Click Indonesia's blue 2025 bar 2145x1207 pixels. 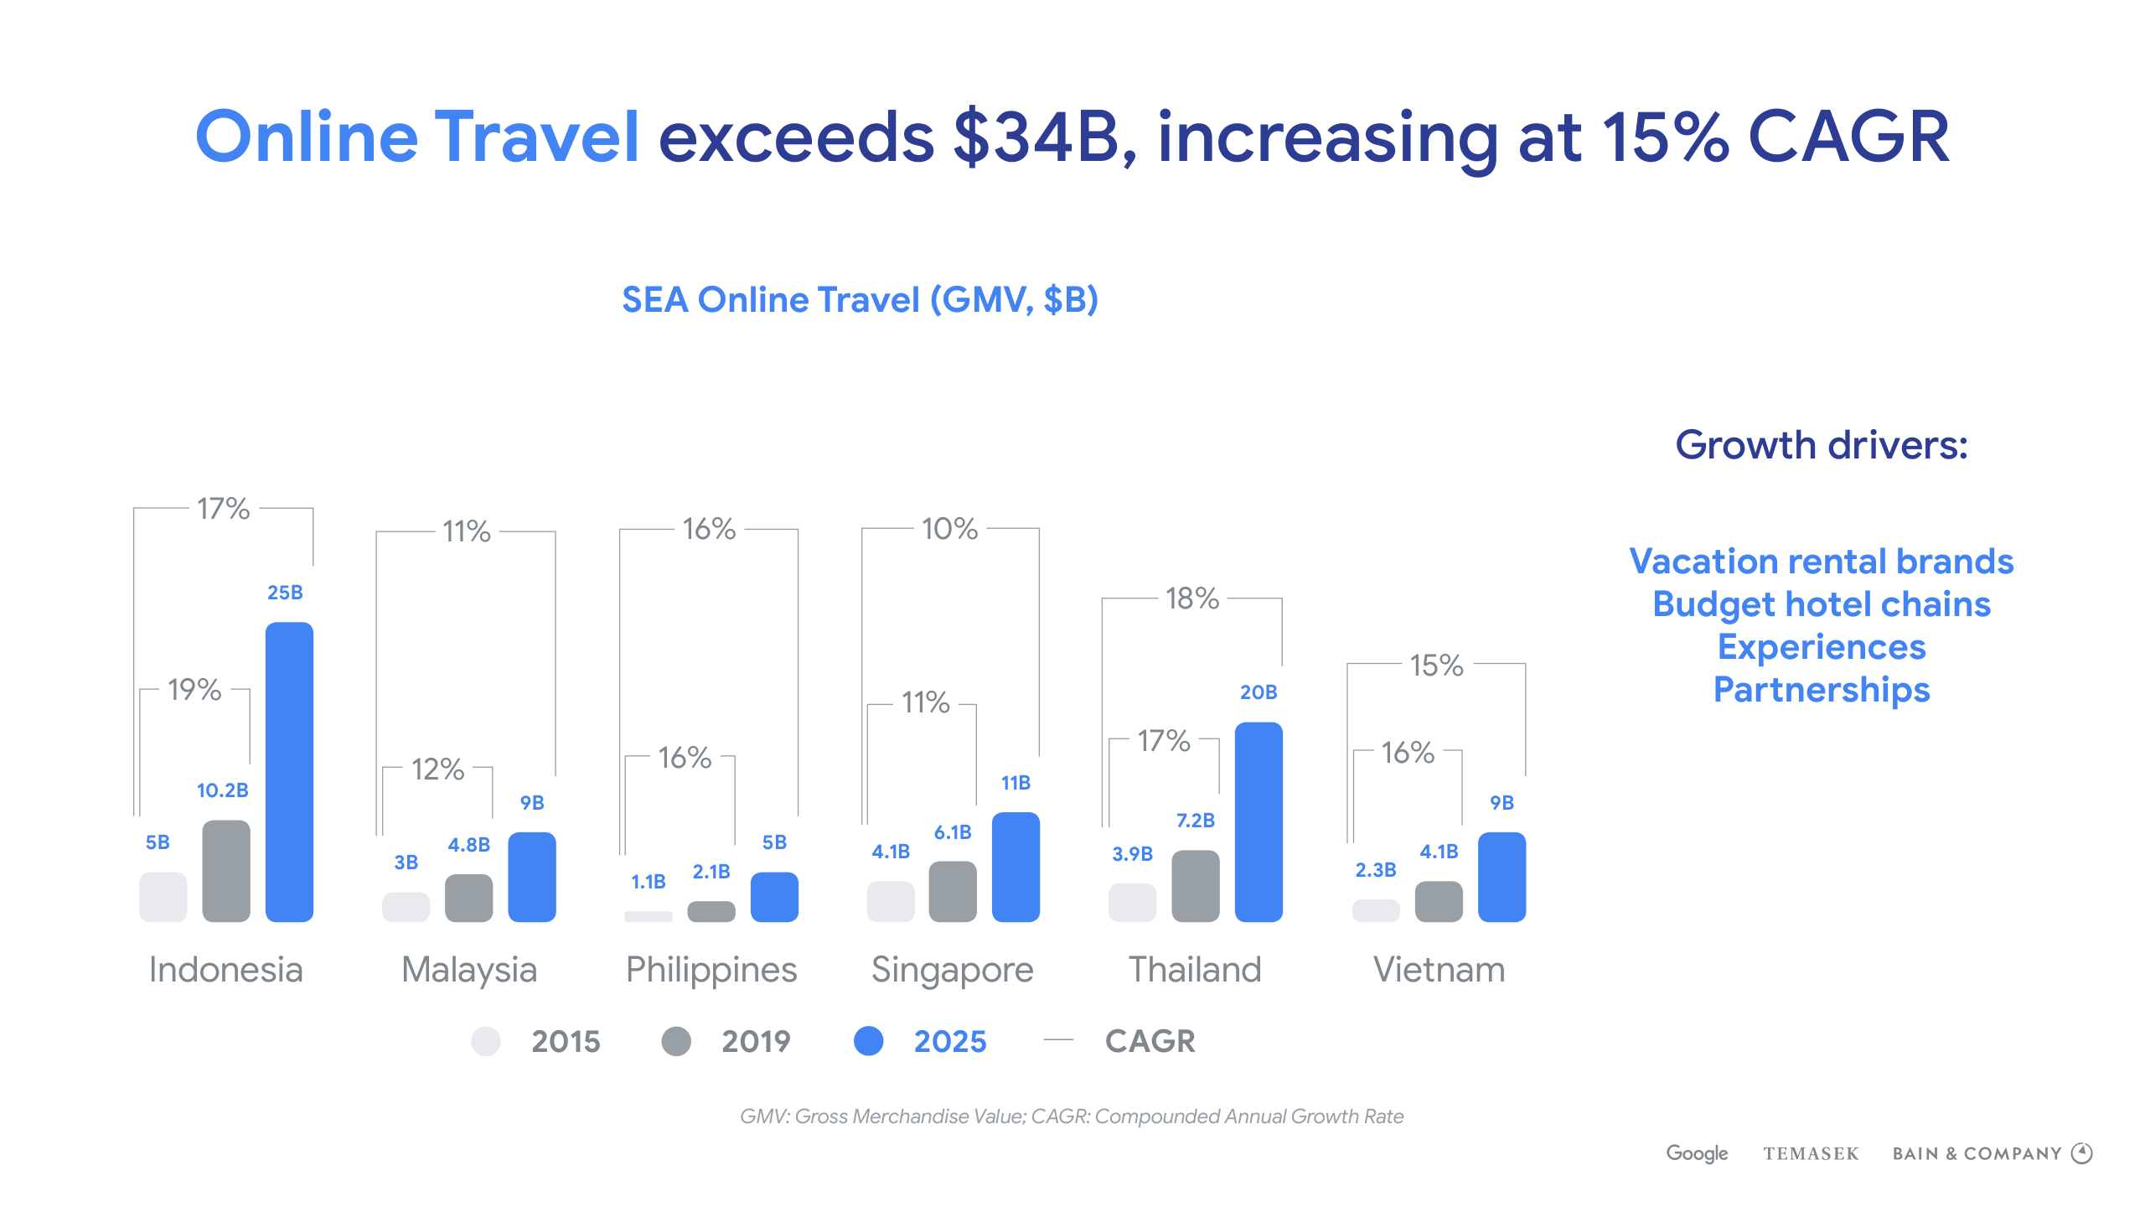(x=289, y=771)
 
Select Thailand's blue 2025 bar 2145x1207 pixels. (x=1259, y=821)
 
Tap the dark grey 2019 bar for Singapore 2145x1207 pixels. (x=953, y=891)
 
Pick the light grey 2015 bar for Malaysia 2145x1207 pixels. (x=406, y=907)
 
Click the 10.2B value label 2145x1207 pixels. (x=222, y=790)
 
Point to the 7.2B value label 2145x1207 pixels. (x=1195, y=821)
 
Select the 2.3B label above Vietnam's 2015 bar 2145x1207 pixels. (x=1375, y=870)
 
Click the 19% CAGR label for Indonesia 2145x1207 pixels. (x=194, y=690)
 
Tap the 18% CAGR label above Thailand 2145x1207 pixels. (x=1191, y=598)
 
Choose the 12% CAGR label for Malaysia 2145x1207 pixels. (x=437, y=769)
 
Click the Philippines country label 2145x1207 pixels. (x=711, y=970)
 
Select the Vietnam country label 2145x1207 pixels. (x=1439, y=970)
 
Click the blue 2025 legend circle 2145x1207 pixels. (x=869, y=1041)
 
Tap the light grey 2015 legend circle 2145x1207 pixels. (x=486, y=1041)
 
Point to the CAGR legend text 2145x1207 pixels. (x=1150, y=1041)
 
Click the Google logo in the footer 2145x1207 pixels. (x=1697, y=1153)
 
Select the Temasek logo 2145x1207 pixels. (x=1811, y=1153)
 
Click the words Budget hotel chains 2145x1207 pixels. (x=1821, y=604)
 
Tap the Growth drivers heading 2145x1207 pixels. (x=1821, y=445)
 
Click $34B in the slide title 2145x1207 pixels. (x=1036, y=137)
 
